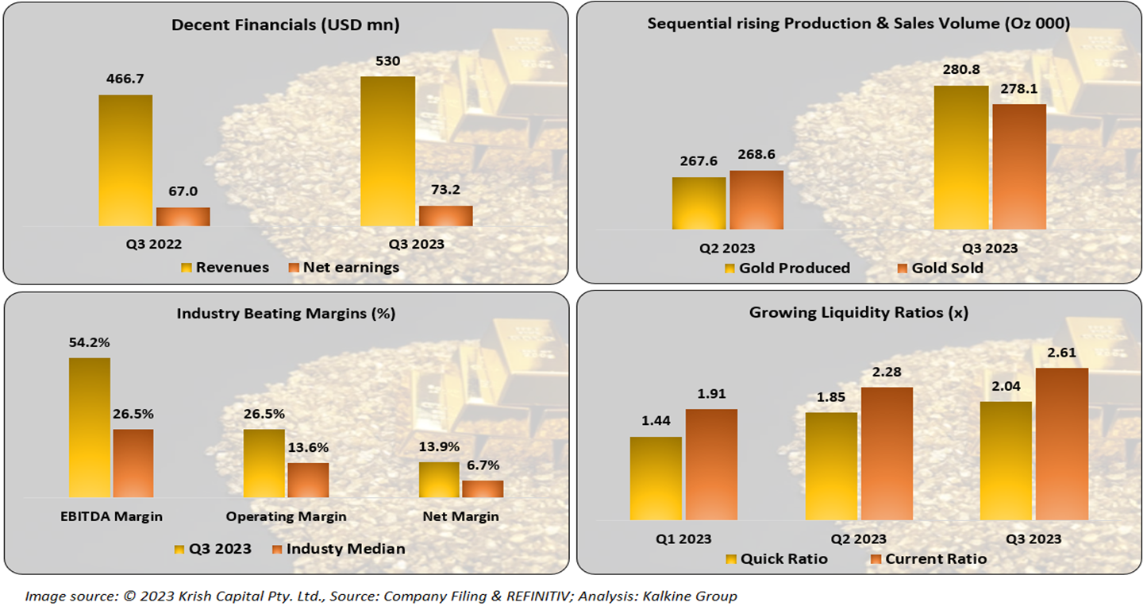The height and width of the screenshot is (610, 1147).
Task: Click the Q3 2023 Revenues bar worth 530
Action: click(387, 151)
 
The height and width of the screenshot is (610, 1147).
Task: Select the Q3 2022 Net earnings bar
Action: click(183, 217)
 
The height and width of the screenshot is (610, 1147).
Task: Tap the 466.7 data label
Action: click(125, 79)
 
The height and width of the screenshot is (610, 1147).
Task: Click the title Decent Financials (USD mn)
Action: click(286, 25)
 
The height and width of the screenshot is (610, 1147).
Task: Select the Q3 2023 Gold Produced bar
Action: click(961, 157)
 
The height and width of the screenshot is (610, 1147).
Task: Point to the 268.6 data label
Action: click(756, 156)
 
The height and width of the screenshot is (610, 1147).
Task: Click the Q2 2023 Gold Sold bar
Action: click(756, 199)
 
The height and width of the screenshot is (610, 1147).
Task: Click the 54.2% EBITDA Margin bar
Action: click(90, 427)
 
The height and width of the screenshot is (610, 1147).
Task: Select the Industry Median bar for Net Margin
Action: click(483, 489)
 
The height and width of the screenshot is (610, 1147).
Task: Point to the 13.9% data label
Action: click(438, 447)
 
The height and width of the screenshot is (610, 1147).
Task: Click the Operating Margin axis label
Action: click(286, 516)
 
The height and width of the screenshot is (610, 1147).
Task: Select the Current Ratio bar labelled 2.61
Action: click(1061, 444)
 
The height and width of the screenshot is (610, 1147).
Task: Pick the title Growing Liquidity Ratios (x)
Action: click(859, 313)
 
